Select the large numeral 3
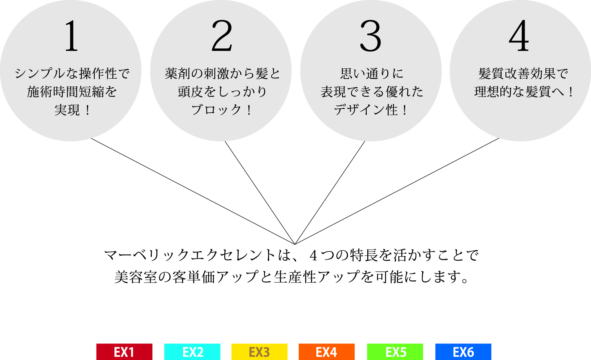pyautogui.click(x=370, y=36)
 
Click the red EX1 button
pyautogui.click(x=124, y=352)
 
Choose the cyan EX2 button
pyautogui.click(x=192, y=352)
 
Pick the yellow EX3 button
pyautogui.click(x=259, y=352)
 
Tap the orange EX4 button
pyautogui.click(x=326, y=352)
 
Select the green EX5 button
pyautogui.click(x=395, y=352)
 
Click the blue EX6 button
pyautogui.click(x=463, y=352)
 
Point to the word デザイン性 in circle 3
pyautogui.click(x=366, y=110)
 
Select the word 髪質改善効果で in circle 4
pyautogui.click(x=523, y=74)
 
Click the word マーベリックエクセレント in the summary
pyautogui.click(x=190, y=255)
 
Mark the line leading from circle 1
pyautogui.click(x=193, y=191)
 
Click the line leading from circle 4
pyautogui.click(x=397, y=191)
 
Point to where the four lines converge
pyautogui.click(x=295, y=244)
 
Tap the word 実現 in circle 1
pyautogui.click(x=67, y=110)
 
